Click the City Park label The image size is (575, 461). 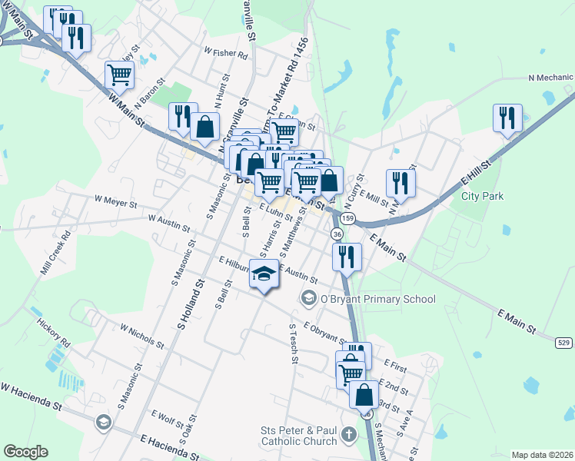482,196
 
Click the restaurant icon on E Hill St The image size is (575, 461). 507,118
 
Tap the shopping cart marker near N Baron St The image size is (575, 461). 121,75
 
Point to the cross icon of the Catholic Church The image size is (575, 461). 349,435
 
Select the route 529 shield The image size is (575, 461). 564,342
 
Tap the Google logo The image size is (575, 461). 25,452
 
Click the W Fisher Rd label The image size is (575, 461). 225,54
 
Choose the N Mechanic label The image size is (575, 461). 550,78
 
